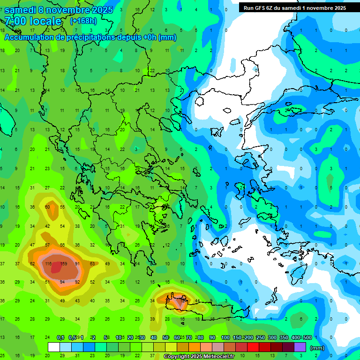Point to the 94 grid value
pos(62,282)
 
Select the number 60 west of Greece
pos(47,207)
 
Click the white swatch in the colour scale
pos(53,347)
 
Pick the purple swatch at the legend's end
pos(300,347)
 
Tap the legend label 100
pos(225,338)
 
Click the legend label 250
pos(260,338)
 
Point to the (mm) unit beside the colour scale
pos(317,348)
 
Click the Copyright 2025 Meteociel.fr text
pos(202,356)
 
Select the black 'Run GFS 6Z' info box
pos(294,7)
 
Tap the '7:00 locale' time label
pos(33,21)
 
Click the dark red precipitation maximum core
pos(57,267)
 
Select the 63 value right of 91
pos(92,264)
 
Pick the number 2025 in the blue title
pos(99,10)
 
